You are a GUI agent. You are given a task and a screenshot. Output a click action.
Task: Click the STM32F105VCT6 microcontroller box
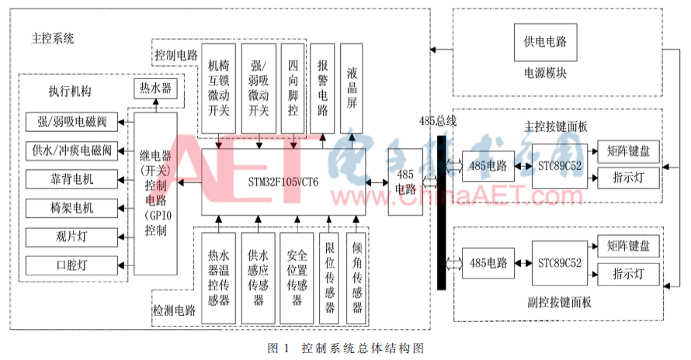[x=283, y=182]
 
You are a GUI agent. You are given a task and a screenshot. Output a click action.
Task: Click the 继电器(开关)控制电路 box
[x=155, y=193]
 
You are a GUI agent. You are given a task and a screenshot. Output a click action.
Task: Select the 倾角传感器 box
[x=356, y=277]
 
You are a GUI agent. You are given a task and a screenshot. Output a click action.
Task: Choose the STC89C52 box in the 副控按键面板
[x=560, y=263]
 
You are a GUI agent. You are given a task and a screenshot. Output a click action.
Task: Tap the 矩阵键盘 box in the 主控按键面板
[x=629, y=150]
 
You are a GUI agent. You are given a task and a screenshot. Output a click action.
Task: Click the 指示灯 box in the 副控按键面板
[x=629, y=275]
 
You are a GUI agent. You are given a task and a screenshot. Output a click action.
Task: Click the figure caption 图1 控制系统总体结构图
[x=345, y=347]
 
